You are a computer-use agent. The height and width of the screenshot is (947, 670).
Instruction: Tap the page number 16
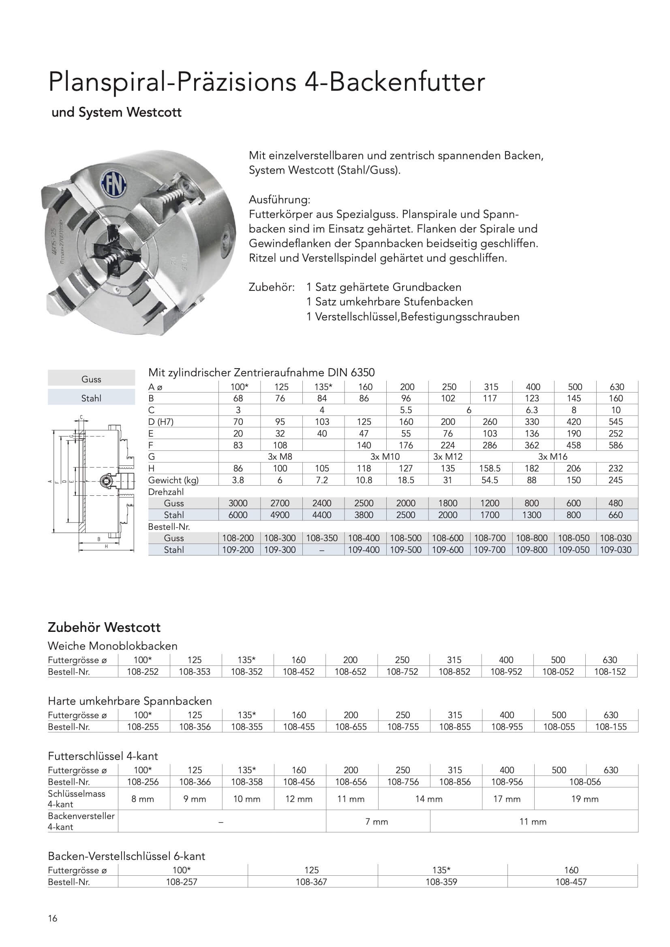click(53, 918)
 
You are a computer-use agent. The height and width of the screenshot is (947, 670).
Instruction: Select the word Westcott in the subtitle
click(154, 113)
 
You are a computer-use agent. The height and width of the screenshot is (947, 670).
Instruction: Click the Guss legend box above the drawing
click(91, 379)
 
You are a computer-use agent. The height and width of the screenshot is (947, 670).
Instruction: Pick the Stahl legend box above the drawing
click(91, 398)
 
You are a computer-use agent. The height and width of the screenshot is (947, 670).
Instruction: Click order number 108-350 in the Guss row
click(321, 538)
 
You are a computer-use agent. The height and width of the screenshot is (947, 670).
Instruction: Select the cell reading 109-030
click(616, 549)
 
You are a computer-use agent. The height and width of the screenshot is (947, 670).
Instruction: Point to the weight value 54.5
click(490, 480)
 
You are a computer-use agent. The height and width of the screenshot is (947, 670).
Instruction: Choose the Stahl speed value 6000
click(238, 515)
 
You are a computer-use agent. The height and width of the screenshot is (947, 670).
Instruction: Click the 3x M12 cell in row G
click(448, 456)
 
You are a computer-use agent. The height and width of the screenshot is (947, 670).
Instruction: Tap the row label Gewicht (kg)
click(173, 480)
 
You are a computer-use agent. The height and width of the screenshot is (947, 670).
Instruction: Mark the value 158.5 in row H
click(490, 468)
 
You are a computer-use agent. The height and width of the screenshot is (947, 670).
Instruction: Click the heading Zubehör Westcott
click(104, 627)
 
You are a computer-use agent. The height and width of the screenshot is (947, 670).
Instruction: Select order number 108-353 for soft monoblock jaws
click(195, 672)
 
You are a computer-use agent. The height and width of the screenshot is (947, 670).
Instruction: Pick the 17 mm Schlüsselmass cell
click(507, 799)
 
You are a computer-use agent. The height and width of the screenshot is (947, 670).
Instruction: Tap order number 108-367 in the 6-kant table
click(311, 882)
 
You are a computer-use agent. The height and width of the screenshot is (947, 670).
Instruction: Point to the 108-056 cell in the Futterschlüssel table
click(585, 782)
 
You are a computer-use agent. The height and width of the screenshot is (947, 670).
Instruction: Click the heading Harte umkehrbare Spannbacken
click(130, 701)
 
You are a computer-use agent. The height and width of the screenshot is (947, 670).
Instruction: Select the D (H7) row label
click(161, 422)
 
